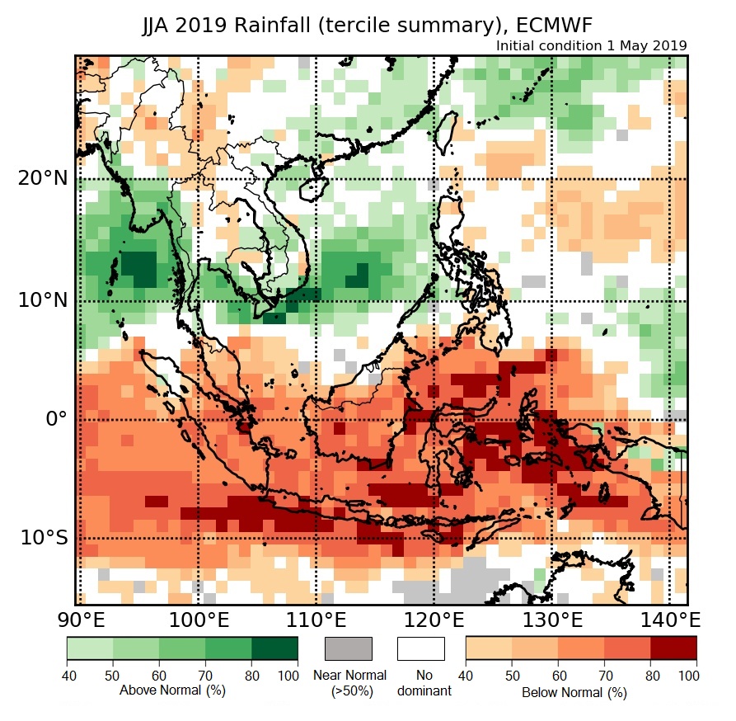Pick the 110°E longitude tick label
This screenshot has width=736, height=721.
coord(316,620)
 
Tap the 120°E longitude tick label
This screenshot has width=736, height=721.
coord(434,620)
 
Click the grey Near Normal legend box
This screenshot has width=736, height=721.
coord(349,648)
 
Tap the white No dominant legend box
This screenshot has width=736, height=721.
coord(420,648)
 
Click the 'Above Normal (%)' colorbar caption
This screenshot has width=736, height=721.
coord(172,690)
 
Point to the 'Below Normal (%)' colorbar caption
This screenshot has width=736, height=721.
coord(574,692)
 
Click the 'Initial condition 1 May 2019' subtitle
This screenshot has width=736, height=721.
coord(591,45)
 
